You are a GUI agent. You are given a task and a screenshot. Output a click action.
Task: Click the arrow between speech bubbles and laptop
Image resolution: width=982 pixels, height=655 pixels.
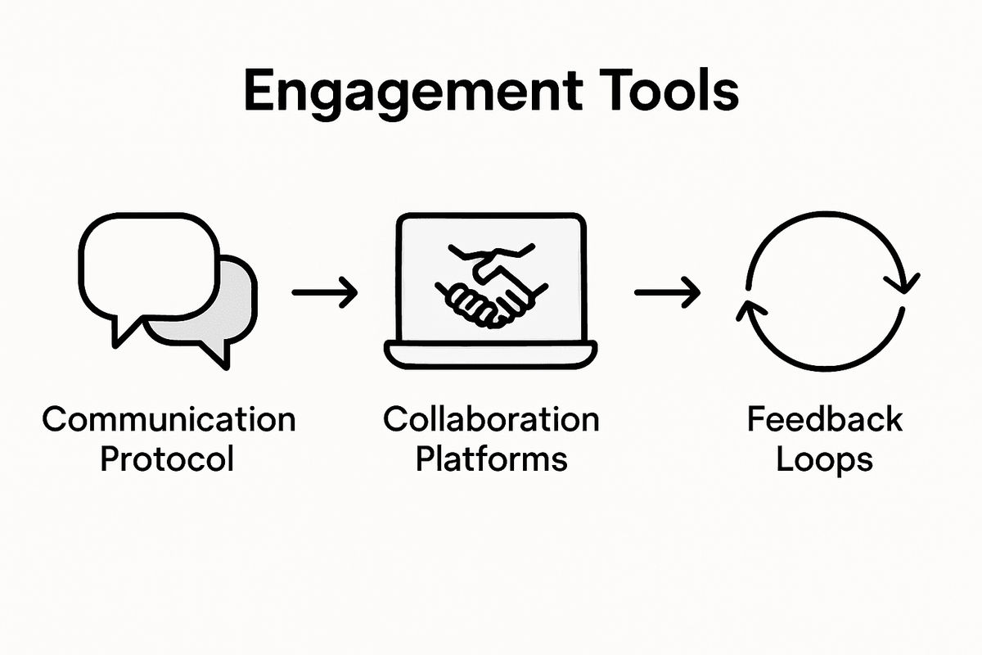click(325, 291)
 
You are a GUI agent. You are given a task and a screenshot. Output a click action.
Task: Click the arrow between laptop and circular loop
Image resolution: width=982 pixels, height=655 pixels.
click(667, 291)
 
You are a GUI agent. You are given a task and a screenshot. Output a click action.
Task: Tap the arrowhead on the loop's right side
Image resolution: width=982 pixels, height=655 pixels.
click(906, 282)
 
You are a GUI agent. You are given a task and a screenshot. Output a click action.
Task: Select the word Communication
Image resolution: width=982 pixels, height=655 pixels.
click(168, 420)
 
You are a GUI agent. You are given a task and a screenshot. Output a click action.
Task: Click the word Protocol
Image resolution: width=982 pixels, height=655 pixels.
click(167, 459)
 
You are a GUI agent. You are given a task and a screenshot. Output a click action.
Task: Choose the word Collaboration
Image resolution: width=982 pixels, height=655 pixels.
click(491, 420)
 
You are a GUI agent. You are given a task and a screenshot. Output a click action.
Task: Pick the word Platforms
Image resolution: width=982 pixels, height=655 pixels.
click(491, 459)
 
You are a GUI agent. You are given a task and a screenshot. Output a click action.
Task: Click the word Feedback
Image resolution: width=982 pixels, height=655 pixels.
click(824, 420)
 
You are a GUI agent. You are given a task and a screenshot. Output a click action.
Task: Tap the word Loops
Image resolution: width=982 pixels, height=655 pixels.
click(824, 459)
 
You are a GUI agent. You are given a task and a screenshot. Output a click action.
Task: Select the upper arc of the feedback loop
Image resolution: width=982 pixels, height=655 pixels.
click(827, 216)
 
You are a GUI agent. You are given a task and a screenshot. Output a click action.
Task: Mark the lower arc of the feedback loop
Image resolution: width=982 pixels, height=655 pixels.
click(827, 368)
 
